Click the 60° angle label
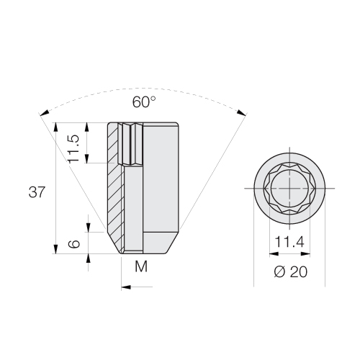141,102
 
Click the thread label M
140,268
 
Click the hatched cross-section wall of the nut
116,187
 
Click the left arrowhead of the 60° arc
45,112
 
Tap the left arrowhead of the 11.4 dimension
271,253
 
